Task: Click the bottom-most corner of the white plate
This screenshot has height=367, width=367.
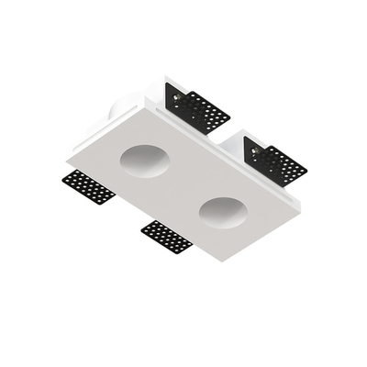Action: point(220,260)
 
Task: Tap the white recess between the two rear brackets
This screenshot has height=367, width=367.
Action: point(229,138)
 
